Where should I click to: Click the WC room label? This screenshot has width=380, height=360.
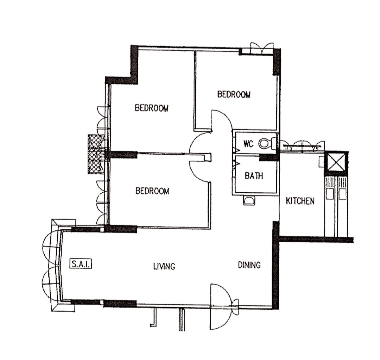(x=248, y=144)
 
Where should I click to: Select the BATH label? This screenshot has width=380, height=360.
(x=254, y=175)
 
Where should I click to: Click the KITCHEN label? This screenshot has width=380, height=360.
(x=300, y=201)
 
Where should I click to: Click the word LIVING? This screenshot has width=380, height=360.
(x=164, y=266)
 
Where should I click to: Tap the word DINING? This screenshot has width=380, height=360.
(x=249, y=265)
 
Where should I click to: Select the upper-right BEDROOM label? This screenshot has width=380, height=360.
(x=234, y=94)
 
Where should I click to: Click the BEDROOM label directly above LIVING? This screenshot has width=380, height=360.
(x=152, y=191)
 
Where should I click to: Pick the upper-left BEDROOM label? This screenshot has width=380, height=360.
(x=152, y=108)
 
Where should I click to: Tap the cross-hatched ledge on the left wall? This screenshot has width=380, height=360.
(x=96, y=154)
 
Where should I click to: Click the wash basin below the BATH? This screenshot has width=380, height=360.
(x=249, y=200)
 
